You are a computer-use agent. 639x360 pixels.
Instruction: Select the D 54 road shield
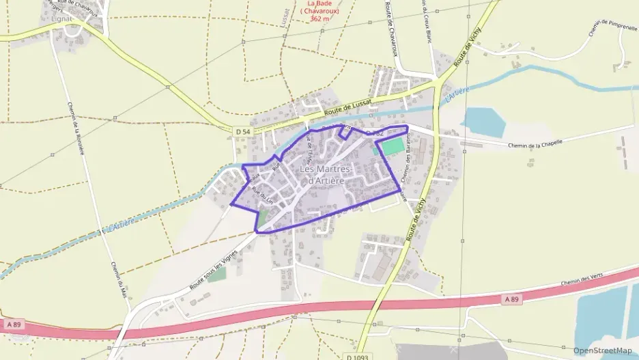click(x=242, y=130)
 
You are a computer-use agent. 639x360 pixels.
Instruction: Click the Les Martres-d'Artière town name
click(x=325, y=175)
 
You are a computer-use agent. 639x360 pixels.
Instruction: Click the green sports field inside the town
click(x=392, y=146)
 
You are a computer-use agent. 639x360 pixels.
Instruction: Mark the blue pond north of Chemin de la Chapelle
click(x=483, y=122)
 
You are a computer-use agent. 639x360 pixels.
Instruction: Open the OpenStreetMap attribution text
click(x=602, y=350)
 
